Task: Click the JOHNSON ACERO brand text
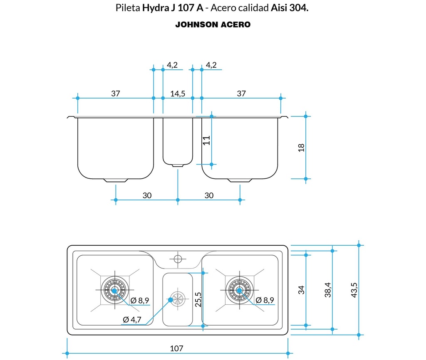point(213,25)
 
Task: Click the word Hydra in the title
point(155,8)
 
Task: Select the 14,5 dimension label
point(178,94)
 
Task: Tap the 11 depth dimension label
point(207,140)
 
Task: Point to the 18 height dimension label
point(302,148)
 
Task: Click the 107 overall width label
point(177,348)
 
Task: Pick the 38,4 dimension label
point(328,290)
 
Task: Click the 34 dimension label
point(302,289)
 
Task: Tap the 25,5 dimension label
point(198,299)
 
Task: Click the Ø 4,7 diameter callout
point(133,319)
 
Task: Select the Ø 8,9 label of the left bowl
point(139,301)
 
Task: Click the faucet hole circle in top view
point(178,259)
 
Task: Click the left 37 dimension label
point(116,94)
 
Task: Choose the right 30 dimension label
point(209,195)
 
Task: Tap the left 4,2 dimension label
point(172,65)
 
